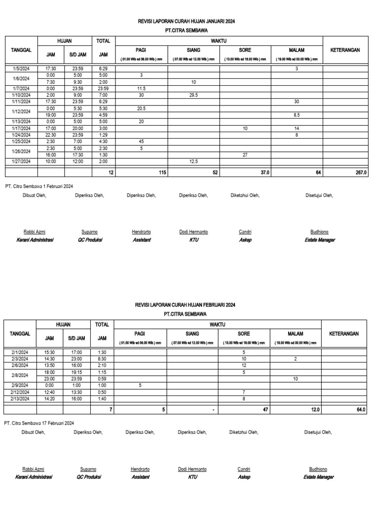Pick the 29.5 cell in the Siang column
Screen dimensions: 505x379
click(x=193, y=95)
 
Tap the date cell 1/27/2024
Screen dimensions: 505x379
click(x=21, y=161)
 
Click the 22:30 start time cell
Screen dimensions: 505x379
click(x=50, y=135)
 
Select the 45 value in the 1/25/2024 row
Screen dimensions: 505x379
click(x=141, y=141)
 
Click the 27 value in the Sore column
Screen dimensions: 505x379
click(x=245, y=154)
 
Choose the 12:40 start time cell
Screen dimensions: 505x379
click(x=50, y=392)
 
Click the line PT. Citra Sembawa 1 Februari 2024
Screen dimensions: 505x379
click(x=38, y=186)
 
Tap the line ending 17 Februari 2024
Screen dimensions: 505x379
click(x=39, y=423)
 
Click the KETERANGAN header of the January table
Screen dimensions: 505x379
click(x=345, y=50)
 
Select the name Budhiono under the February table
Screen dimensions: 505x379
click(x=318, y=469)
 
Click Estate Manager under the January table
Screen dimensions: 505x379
click(x=320, y=240)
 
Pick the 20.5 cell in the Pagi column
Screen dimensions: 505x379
click(x=141, y=108)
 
